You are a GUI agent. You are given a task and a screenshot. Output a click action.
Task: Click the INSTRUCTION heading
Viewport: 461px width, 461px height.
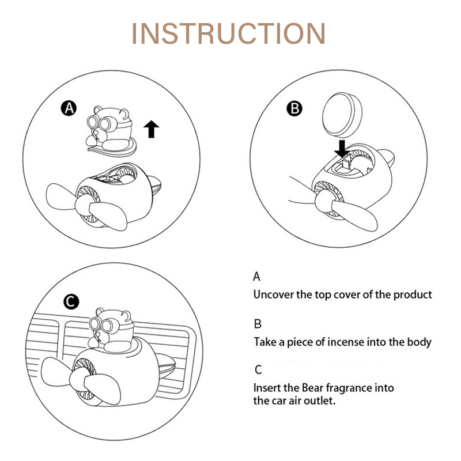click(x=228, y=33)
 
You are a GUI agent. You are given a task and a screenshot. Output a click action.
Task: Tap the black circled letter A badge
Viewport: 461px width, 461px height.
click(x=69, y=108)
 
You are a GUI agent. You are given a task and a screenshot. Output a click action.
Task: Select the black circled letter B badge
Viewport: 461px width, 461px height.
click(x=294, y=108)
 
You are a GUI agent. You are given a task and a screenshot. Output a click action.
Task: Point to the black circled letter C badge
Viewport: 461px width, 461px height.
click(x=71, y=301)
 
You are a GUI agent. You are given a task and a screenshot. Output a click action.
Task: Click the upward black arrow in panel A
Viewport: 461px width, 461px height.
click(x=152, y=129)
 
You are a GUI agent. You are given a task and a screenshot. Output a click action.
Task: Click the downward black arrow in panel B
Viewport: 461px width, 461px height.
click(x=342, y=149)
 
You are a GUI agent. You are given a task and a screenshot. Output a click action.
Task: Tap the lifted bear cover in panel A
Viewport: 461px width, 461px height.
click(x=110, y=131)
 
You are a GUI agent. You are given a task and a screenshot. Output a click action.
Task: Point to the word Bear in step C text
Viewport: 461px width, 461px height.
click(x=312, y=388)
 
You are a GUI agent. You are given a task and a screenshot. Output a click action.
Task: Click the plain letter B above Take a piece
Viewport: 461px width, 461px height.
click(x=258, y=324)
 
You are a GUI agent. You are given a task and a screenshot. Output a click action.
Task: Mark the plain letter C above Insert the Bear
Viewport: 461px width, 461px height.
click(x=258, y=369)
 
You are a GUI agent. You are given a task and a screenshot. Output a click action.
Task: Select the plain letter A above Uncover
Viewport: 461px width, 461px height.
click(x=256, y=277)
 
